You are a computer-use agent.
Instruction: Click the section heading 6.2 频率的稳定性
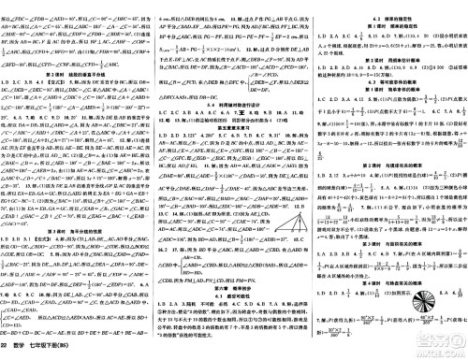click(389, 7)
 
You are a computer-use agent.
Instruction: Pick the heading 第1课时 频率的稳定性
click(389, 17)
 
